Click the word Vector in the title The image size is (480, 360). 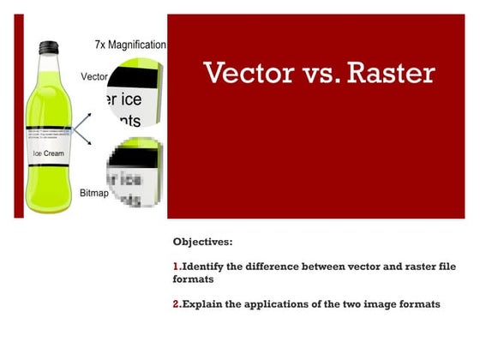(244, 73)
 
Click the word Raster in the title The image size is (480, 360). (387, 73)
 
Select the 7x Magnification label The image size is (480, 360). (129, 44)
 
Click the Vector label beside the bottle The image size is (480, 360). (94, 76)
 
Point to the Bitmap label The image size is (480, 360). (94, 194)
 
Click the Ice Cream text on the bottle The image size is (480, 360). (48, 153)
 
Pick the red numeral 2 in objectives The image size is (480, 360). (176, 304)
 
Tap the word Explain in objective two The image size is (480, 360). (205, 304)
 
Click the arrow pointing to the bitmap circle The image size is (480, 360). (86, 146)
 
